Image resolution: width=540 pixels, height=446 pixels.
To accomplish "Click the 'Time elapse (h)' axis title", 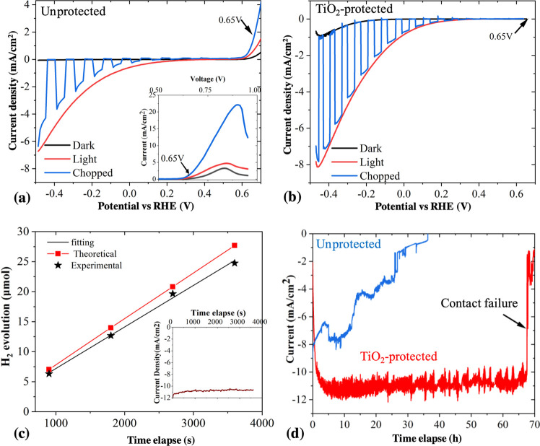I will click(x=422, y=439).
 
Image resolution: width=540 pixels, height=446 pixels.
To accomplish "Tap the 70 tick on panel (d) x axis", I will click(x=534, y=422).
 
